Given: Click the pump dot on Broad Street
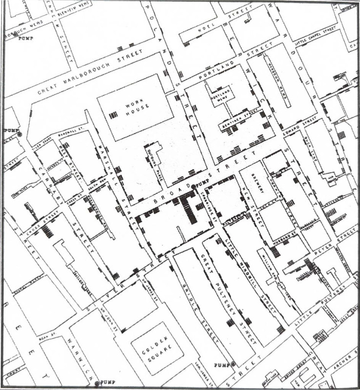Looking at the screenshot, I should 193,187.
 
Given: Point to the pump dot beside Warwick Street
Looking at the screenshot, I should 97,383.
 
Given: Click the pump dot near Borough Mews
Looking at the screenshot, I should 15,35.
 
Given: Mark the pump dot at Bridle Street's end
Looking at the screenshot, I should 233,363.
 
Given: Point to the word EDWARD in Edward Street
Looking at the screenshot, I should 294,128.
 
